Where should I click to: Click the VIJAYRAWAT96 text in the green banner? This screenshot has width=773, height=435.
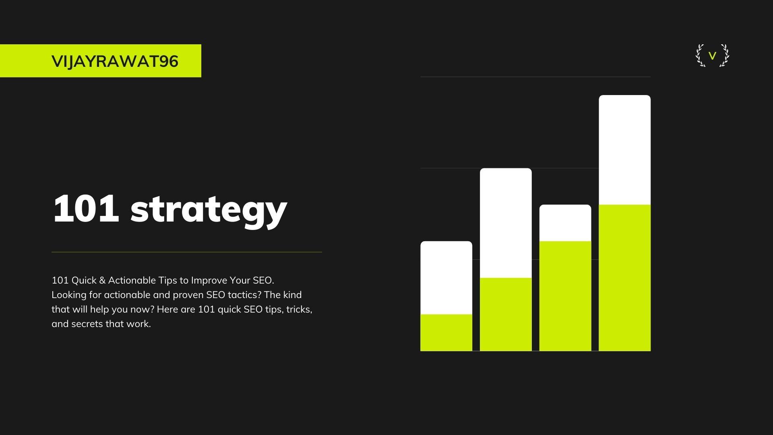[x=115, y=61]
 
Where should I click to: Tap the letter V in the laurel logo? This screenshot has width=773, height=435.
[x=712, y=56]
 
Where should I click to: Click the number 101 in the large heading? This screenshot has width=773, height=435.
[x=86, y=209]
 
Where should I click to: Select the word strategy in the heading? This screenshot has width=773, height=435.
[x=209, y=210]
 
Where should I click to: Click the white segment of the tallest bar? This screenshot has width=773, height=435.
[x=624, y=150]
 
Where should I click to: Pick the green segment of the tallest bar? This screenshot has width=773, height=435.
[x=624, y=278]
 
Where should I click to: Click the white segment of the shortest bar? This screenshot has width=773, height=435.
[x=446, y=278]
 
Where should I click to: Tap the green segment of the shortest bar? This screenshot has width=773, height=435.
[x=446, y=333]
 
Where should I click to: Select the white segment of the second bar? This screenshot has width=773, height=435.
[x=506, y=223]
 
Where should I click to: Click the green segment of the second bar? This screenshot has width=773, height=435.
[x=506, y=314]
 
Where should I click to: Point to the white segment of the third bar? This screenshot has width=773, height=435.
[x=565, y=223]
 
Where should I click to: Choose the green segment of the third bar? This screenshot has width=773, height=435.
[x=565, y=296]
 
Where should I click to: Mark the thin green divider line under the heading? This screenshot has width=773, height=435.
[x=186, y=252]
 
